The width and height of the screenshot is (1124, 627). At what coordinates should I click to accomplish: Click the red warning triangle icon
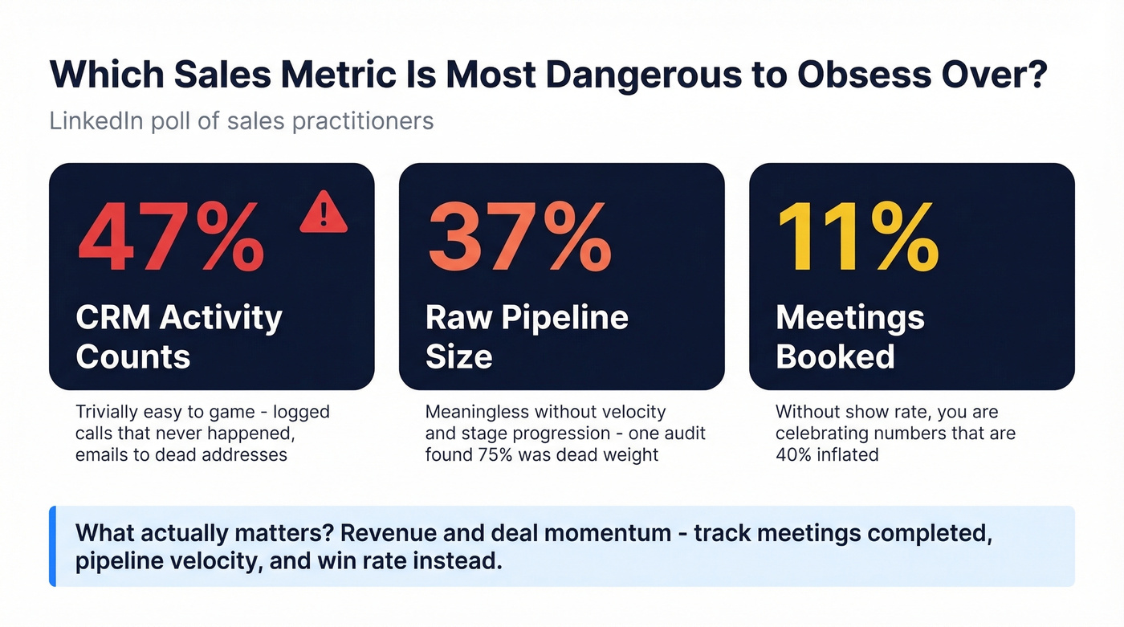[x=324, y=213]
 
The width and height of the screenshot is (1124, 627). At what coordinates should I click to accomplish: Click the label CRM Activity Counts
[x=178, y=336]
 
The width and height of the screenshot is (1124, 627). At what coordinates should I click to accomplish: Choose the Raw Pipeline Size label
[x=526, y=336]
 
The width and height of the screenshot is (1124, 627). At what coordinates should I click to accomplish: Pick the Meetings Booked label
[x=849, y=336]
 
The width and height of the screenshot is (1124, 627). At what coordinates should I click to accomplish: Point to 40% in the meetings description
[x=793, y=454]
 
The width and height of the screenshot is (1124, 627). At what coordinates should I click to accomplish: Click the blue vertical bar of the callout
[x=53, y=546]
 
